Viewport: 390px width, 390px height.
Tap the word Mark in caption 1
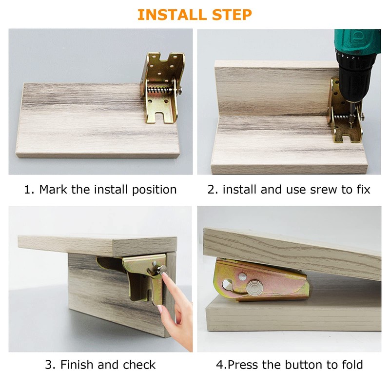point(54,189)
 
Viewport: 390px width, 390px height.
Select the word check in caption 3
point(138,365)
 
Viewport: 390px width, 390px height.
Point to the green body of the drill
point(358,41)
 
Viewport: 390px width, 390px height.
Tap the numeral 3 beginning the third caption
point(49,365)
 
